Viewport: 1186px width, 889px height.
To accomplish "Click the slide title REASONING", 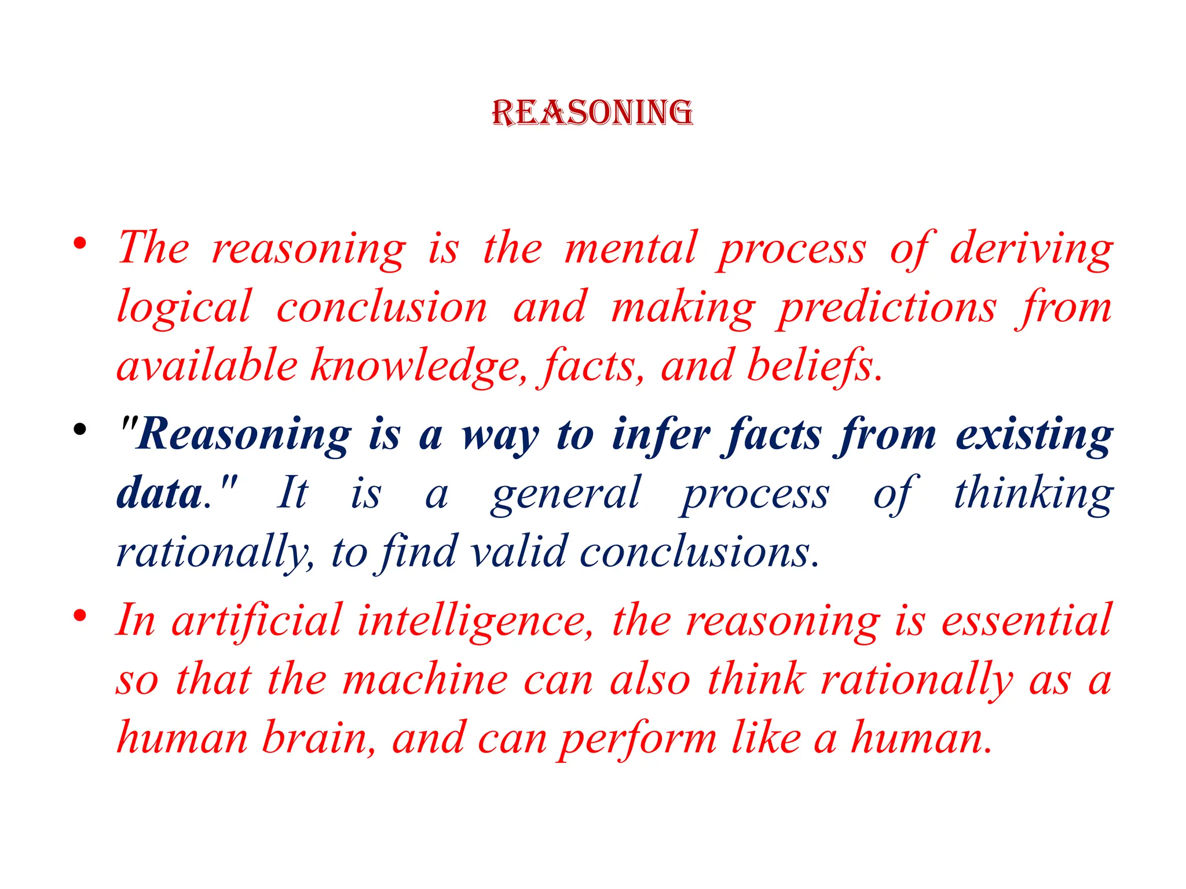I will pyautogui.click(x=592, y=112).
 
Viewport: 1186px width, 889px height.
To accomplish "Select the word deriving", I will pyautogui.click(x=1031, y=249).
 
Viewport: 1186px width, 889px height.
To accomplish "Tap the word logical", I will pyautogui.click(x=184, y=308).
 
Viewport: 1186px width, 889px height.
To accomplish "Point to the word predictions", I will pyautogui.click(x=887, y=308).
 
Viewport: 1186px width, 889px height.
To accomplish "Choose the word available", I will pyautogui.click(x=207, y=366).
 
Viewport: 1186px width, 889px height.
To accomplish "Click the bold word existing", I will pyautogui.click(x=1034, y=435).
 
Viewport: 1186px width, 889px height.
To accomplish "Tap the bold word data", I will pyautogui.click(x=159, y=494).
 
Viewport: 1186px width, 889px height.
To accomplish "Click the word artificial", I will pyautogui.click(x=257, y=620).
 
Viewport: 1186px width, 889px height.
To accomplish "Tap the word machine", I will pyautogui.click(x=425, y=679).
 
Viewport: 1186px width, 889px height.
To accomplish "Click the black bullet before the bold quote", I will pyautogui.click(x=80, y=429).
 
